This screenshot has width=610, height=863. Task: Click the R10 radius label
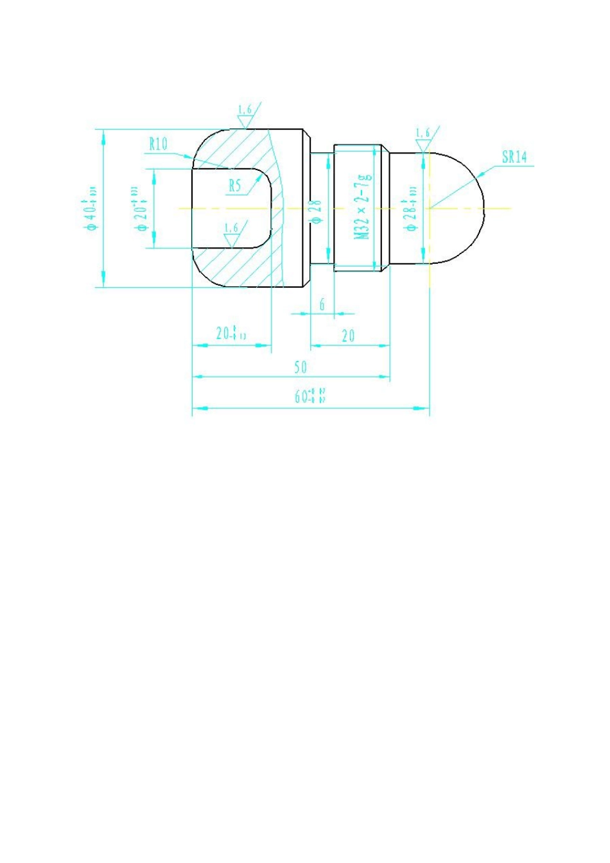tap(158, 144)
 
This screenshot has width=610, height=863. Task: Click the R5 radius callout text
tap(235, 186)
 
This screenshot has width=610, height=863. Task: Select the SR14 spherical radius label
tap(514, 157)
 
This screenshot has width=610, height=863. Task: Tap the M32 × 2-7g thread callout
tap(363, 207)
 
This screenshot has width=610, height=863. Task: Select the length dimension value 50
tap(301, 367)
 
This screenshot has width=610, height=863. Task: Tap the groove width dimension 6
tap(322, 304)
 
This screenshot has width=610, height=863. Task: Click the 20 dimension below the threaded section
tap(349, 335)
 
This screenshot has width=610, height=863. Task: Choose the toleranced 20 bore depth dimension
tap(227, 333)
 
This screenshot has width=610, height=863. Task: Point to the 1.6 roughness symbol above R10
tap(245, 116)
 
